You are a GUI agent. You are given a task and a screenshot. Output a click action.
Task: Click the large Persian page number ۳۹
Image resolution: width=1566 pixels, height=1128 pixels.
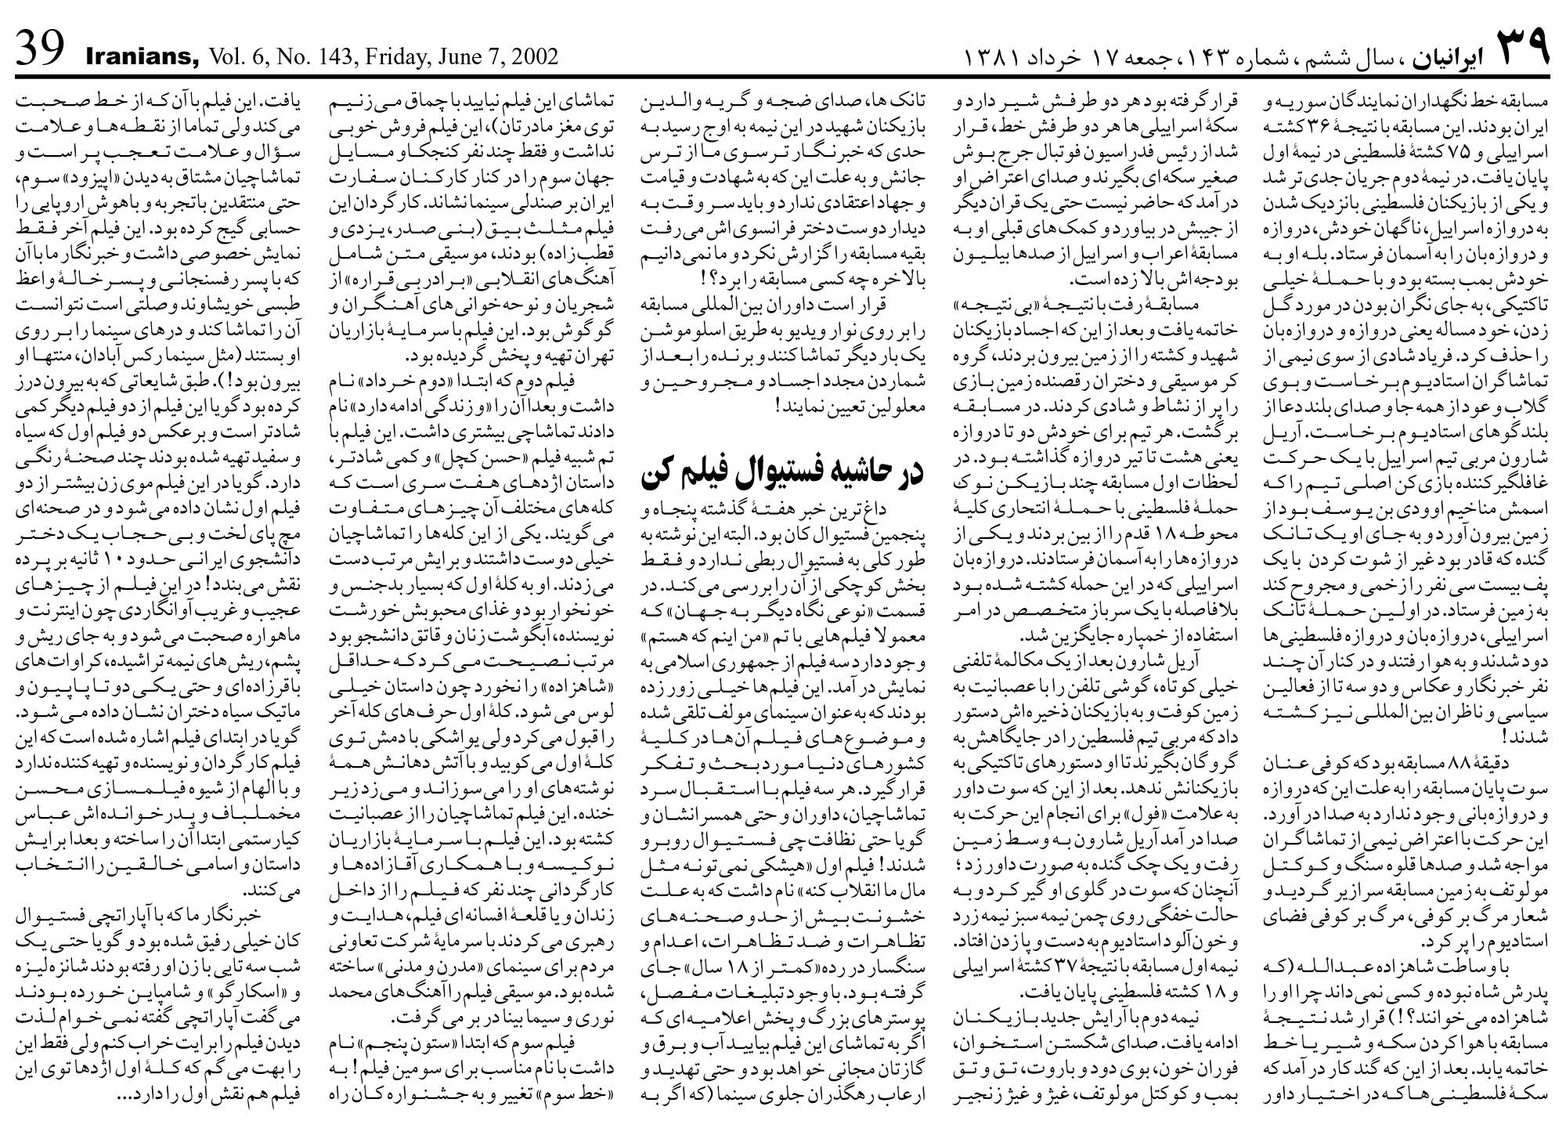[x=1522, y=48]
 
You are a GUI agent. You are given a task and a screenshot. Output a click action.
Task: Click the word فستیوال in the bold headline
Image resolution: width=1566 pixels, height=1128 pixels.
[x=767, y=472]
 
